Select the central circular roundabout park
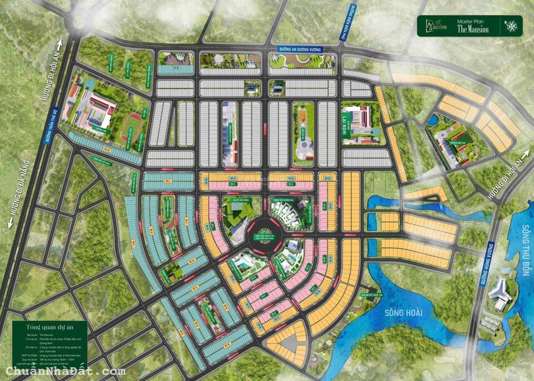(x=265, y=231)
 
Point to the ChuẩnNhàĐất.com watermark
(x=64, y=371)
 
